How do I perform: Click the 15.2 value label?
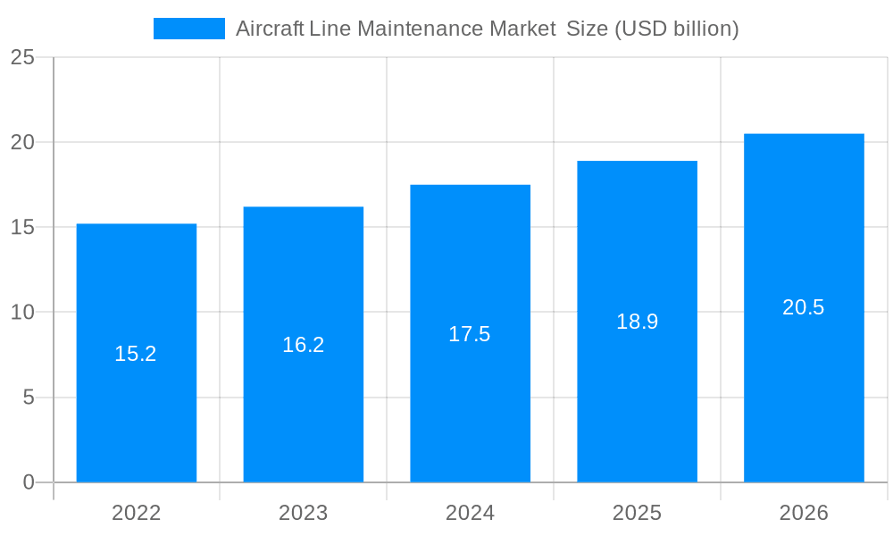[x=136, y=354]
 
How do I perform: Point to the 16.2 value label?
[x=303, y=345]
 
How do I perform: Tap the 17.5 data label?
[x=470, y=334]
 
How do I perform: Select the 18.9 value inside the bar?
[x=637, y=322]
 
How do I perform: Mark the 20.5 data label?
[x=804, y=307]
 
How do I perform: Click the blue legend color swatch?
[x=189, y=29]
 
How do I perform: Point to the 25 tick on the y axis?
[x=22, y=57]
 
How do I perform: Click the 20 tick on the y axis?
[x=22, y=142]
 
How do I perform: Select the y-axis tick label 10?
[x=22, y=312]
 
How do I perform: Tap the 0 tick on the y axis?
[x=28, y=482]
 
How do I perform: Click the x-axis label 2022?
[x=136, y=513]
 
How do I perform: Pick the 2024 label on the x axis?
[x=470, y=513]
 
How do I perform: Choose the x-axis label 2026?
[x=804, y=513]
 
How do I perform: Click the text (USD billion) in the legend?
[x=676, y=29]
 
